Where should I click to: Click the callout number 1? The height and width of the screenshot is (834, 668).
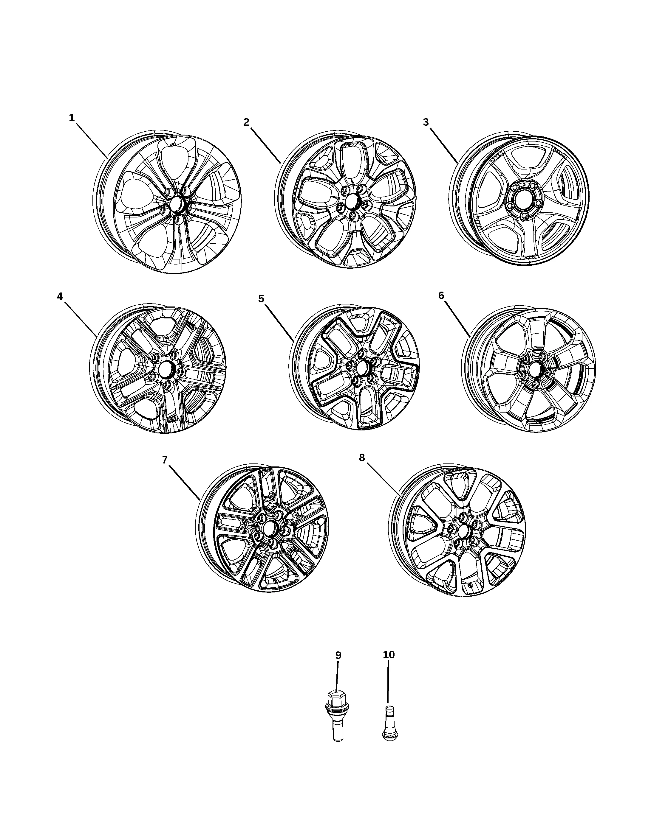pyautogui.click(x=72, y=118)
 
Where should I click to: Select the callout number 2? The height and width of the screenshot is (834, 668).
pyautogui.click(x=246, y=122)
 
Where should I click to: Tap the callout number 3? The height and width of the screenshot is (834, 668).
pyautogui.click(x=426, y=122)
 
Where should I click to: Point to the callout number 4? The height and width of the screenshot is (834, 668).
pyautogui.click(x=60, y=296)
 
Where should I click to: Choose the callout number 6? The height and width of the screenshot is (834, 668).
pyautogui.click(x=441, y=295)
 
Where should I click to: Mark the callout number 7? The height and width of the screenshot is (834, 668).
pyautogui.click(x=165, y=460)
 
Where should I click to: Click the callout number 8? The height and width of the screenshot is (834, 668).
pyautogui.click(x=362, y=458)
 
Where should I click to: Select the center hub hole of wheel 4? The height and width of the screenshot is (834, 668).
pyautogui.click(x=166, y=369)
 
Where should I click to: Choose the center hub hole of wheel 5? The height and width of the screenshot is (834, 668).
pyautogui.click(x=363, y=368)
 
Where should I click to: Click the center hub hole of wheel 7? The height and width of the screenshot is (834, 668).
pyautogui.click(x=270, y=527)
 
